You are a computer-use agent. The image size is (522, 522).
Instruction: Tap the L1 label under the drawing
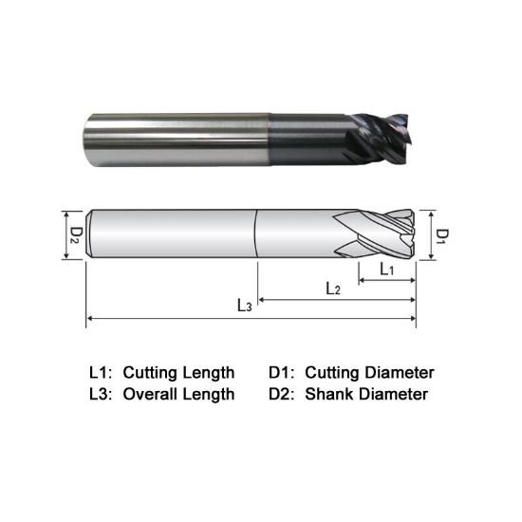click(387, 270)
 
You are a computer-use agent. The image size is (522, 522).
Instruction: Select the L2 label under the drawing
click(332, 288)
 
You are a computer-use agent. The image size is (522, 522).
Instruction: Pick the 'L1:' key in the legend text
click(100, 372)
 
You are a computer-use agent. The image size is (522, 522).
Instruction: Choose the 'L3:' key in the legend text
click(100, 394)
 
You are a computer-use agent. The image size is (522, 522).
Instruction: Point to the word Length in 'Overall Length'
click(208, 394)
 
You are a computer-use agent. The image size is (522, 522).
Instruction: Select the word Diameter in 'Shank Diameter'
click(390, 394)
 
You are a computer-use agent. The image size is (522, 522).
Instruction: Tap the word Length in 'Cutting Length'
click(208, 372)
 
